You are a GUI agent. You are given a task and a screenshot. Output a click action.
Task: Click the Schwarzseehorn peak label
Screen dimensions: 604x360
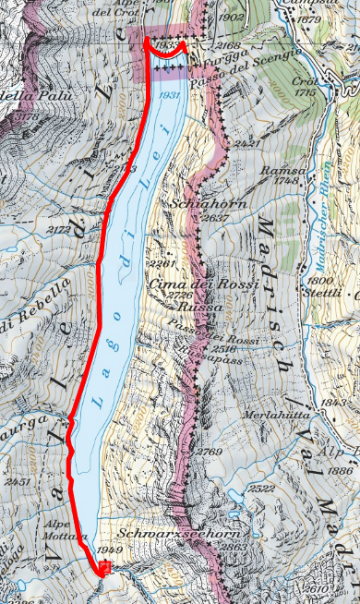pyautogui.click(x=166, y=534)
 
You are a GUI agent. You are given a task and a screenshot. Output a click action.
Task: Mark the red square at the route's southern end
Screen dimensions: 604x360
pyautogui.click(x=106, y=570)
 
